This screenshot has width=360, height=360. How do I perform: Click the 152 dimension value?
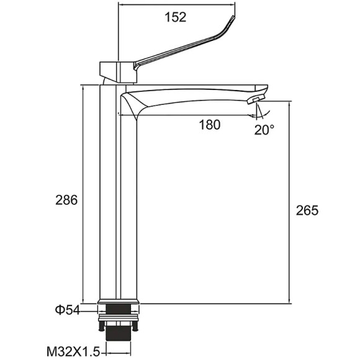176,17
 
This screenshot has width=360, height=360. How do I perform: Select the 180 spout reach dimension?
209,125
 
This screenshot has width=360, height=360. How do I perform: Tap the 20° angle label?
264,130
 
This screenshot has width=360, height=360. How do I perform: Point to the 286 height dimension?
66,200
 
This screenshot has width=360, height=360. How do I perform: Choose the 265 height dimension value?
307,210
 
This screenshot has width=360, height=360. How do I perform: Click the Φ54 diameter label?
67,310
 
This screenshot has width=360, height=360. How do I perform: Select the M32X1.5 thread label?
73,351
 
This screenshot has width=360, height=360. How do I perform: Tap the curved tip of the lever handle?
232,20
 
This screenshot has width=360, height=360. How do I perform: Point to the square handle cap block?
118,72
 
